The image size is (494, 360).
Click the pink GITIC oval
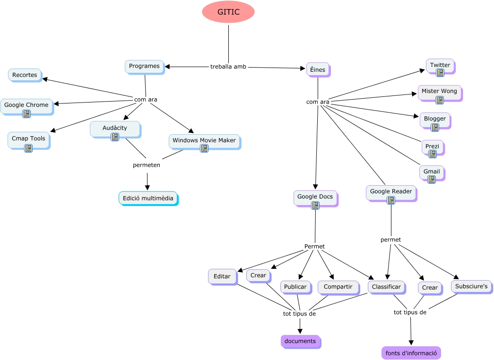tap(228, 12)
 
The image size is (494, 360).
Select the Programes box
tap(144, 67)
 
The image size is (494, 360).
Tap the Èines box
tap(318, 70)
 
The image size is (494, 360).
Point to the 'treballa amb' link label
tap(228, 67)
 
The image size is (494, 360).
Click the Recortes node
tap(25, 75)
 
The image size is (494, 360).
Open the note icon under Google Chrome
tap(26, 114)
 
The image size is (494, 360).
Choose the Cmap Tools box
tap(28, 139)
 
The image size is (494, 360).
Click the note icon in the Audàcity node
tap(115, 137)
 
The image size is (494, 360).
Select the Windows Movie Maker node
tap(204, 141)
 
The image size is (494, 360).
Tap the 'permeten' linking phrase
tap(147, 165)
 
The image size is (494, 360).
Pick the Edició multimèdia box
tap(148, 198)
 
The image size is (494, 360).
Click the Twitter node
tap(440, 66)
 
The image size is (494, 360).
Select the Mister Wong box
tap(439, 92)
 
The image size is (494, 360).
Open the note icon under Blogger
tap(435, 128)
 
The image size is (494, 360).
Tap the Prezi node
tap(432, 147)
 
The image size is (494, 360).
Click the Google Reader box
tap(391, 192)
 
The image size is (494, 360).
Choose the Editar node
tap(222, 276)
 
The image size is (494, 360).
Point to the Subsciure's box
tap(471, 286)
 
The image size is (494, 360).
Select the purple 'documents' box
tap(300, 341)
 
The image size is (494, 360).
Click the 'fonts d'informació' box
tap(411, 353)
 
